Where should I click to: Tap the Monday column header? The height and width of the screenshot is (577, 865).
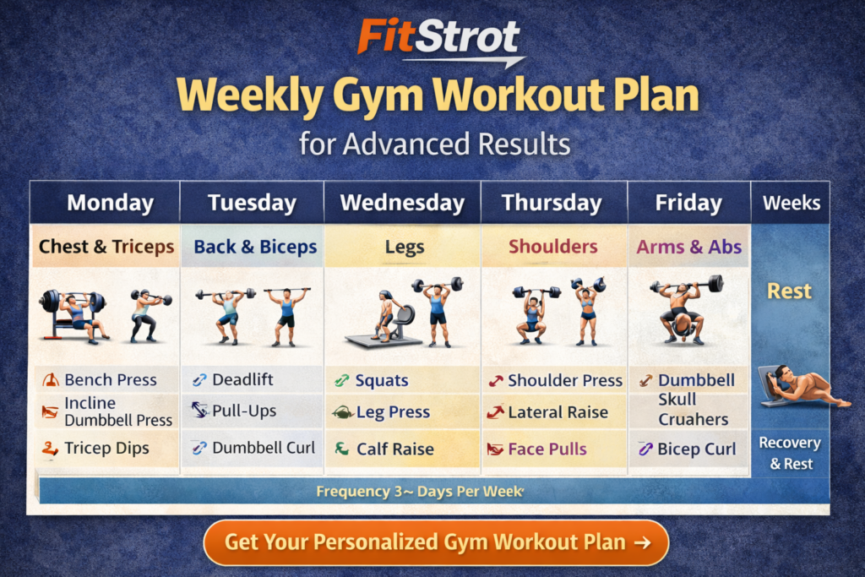click(110, 204)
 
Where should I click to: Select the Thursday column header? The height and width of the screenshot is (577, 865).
click(552, 204)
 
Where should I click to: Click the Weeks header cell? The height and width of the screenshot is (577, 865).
click(791, 204)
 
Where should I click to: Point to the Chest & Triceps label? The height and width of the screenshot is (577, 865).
click(106, 248)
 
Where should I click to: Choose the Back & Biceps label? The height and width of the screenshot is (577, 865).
click(255, 248)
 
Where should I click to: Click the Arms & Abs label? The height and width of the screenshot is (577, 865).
click(689, 248)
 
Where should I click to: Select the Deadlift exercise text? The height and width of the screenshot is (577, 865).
click(242, 380)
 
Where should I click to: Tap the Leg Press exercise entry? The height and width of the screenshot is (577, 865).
click(393, 413)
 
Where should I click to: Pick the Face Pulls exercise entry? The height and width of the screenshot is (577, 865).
click(547, 449)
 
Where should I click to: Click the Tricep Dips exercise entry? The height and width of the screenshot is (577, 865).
click(106, 449)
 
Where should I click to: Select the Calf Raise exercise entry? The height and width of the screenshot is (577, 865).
click(394, 449)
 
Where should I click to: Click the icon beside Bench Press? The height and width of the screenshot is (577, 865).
click(50, 380)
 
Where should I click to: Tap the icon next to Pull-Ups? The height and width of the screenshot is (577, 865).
click(199, 411)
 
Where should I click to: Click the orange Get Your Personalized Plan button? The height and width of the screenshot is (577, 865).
click(436, 542)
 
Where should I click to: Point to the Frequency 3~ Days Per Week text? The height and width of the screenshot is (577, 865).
click(420, 491)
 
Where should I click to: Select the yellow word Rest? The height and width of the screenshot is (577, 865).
click(789, 291)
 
